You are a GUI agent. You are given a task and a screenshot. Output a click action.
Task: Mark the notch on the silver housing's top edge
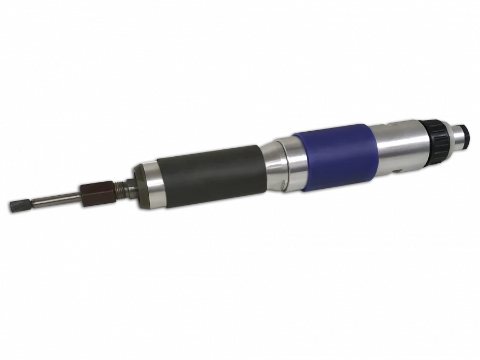(x=394, y=126)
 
